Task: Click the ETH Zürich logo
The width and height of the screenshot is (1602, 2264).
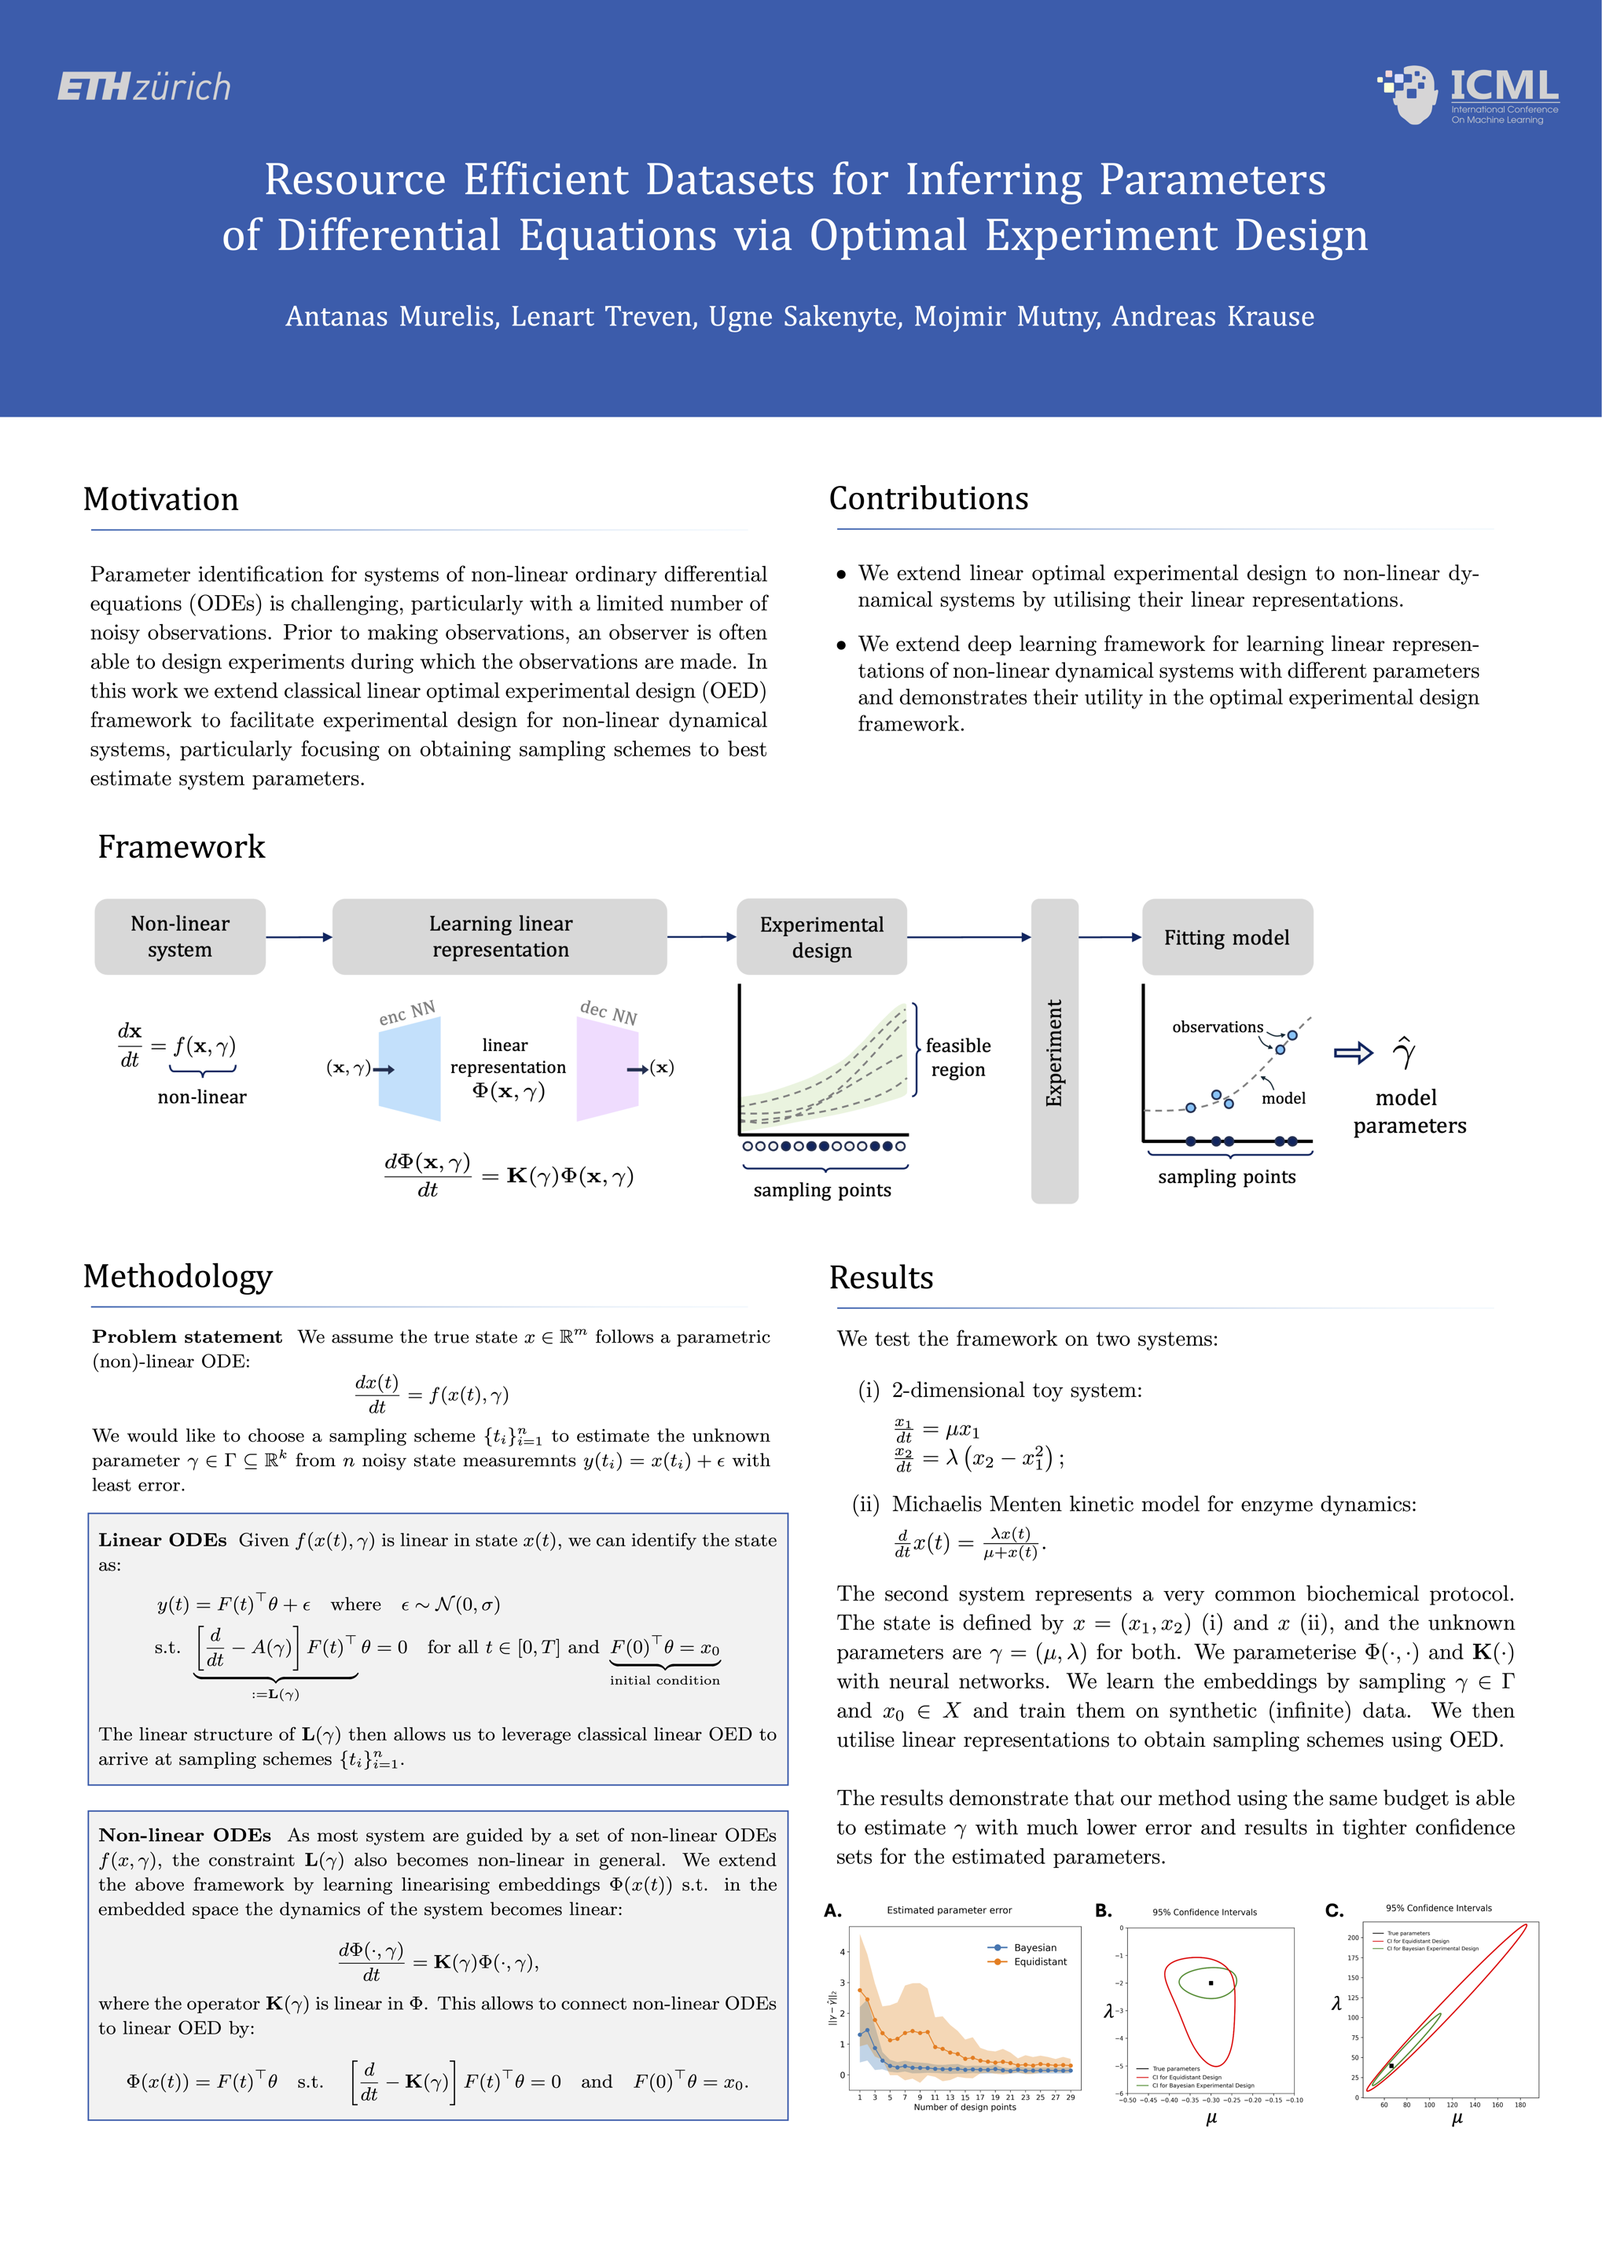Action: (144, 86)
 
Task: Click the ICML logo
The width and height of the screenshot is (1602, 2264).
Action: (1468, 94)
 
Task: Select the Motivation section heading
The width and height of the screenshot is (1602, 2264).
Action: (161, 499)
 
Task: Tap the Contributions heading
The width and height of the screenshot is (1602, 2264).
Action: (928, 498)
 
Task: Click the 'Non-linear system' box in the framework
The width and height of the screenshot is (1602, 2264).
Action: (179, 936)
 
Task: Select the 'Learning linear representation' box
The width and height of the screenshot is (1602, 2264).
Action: (500, 936)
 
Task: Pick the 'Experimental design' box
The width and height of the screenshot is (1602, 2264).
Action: (821, 936)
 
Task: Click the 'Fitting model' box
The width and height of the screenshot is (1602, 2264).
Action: (1226, 937)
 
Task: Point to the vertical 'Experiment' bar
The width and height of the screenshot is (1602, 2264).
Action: (1055, 1050)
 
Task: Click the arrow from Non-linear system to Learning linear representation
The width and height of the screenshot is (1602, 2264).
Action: (299, 937)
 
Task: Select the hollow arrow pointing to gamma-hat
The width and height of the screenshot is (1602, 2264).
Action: (1353, 1053)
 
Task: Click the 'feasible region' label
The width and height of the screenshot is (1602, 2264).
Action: (958, 1057)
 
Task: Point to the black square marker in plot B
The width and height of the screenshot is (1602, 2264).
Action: (1211, 1982)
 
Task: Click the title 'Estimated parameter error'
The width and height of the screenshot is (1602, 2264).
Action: (949, 1909)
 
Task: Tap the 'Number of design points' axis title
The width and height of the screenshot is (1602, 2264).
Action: (964, 2106)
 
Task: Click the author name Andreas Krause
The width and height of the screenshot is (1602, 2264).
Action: (1214, 317)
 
